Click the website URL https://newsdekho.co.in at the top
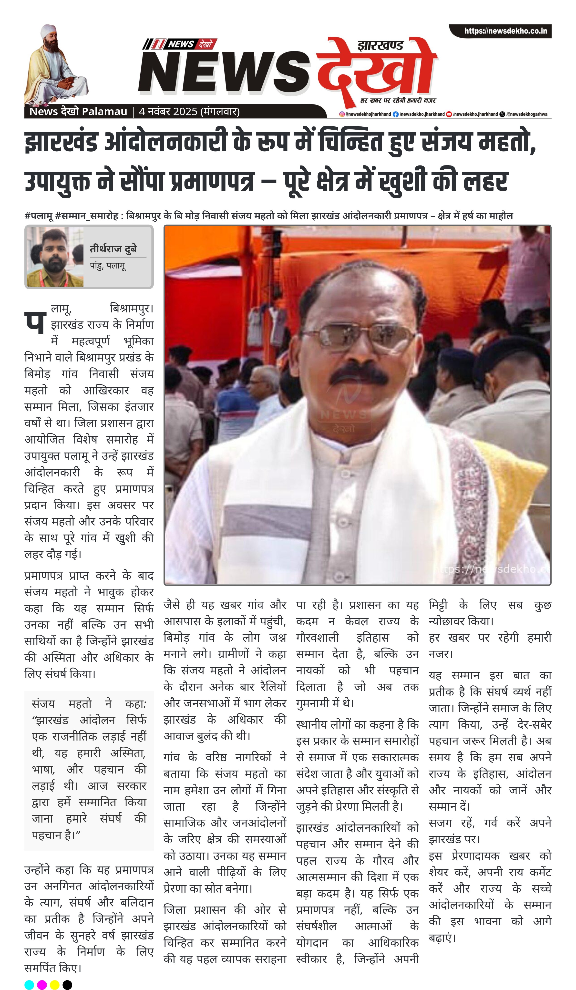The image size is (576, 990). point(505,31)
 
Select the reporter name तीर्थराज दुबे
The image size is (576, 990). point(113,249)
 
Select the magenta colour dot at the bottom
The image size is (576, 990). point(42,984)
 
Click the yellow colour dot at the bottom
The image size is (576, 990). point(55,984)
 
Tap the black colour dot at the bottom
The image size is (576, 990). point(67,984)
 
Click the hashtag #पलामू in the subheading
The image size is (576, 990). point(39,216)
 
